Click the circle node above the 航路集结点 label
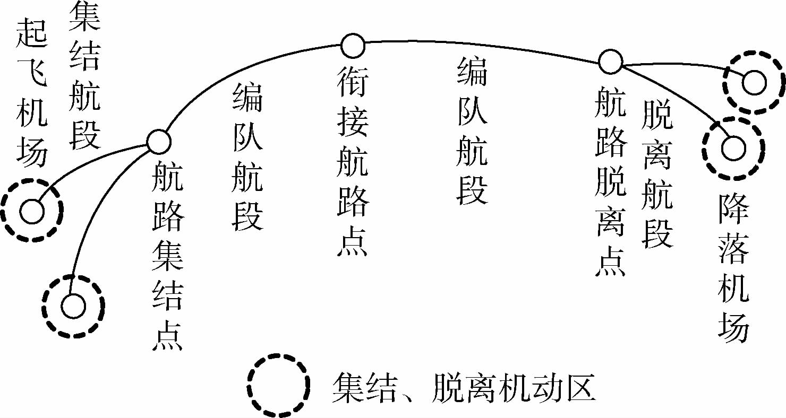tap(158, 141)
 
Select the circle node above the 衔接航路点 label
tap(353, 46)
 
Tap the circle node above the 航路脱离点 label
tap(610, 62)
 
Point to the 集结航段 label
tap(84, 75)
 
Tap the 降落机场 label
tap(733, 268)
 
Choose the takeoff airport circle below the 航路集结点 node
tap(73, 306)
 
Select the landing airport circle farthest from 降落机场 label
tap(754, 83)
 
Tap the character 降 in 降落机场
tap(733, 207)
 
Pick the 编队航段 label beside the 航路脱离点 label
tap(472, 132)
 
